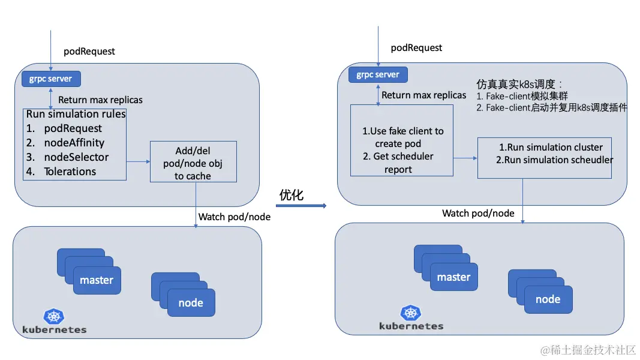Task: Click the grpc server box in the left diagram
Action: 51,79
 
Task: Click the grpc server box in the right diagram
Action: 378,75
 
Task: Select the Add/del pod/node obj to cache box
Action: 193,161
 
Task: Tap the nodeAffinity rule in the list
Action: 74,143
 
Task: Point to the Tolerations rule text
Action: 70,172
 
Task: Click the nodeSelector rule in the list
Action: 76,157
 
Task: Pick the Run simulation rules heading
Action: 76,114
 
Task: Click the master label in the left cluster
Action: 97,280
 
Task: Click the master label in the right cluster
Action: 453,277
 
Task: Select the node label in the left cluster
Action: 191,303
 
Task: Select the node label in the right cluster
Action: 548,299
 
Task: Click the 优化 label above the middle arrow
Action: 292,195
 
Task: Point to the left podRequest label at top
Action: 89,52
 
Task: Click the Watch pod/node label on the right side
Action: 478,213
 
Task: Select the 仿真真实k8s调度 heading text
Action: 519,84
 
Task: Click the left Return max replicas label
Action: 100,100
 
